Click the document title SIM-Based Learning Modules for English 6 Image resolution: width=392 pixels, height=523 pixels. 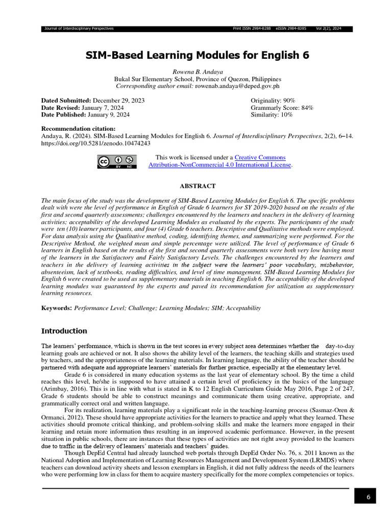click(197, 55)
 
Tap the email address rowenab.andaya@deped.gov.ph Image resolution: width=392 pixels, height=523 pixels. click(236, 86)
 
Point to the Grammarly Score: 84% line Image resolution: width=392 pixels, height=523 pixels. click(282, 108)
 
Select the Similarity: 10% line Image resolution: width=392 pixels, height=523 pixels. click(272, 115)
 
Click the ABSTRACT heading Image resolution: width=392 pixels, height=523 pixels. click(197, 186)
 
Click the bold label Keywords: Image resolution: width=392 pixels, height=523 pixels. click(57, 308)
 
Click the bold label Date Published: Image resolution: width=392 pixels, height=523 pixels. click(64, 115)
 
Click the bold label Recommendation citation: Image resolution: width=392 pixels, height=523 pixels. click(78, 129)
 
